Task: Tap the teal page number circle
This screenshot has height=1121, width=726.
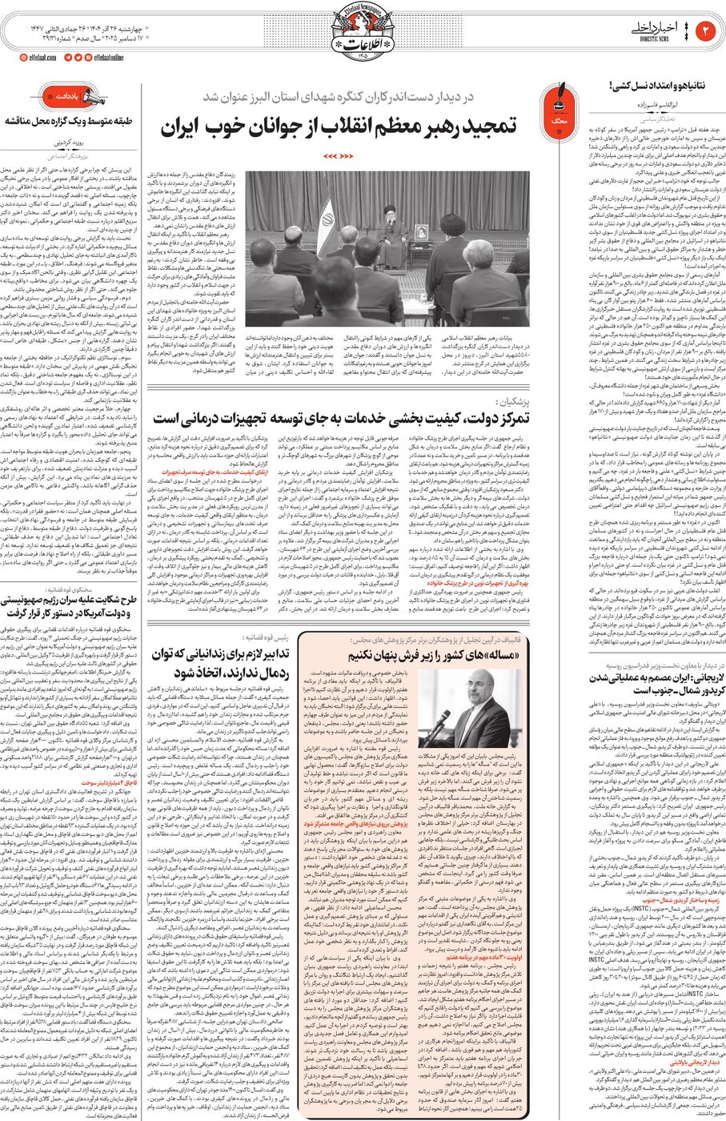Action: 707,31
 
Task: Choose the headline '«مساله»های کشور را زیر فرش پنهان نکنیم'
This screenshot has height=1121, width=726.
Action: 437,656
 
